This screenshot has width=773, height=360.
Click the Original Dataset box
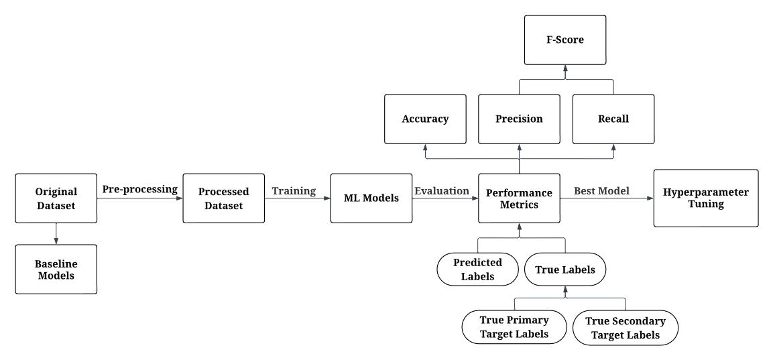pyautogui.click(x=56, y=198)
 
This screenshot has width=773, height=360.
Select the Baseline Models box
pyautogui.click(x=56, y=269)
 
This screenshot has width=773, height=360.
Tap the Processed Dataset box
pyautogui.click(x=223, y=198)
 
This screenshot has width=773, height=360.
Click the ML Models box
pyautogui.click(x=371, y=198)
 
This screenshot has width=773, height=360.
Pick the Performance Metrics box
pyautogui.click(x=519, y=198)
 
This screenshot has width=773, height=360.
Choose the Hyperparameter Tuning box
pyautogui.click(x=706, y=198)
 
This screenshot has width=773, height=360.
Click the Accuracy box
pyautogui.click(x=425, y=119)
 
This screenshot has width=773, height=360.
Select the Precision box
pyautogui.click(x=519, y=119)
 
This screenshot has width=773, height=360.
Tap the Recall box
pyautogui.click(x=613, y=119)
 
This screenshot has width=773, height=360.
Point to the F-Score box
pyautogui.click(x=565, y=40)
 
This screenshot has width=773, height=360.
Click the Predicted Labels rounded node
pyautogui.click(x=478, y=269)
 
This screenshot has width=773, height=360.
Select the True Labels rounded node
pyautogui.click(x=565, y=269)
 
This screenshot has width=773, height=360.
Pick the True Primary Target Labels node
pyautogui.click(x=514, y=327)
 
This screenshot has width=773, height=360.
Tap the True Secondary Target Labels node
pyautogui.click(x=625, y=328)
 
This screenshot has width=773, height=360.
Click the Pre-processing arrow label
pyautogui.click(x=140, y=189)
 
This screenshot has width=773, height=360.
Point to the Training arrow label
pyautogui.click(x=294, y=191)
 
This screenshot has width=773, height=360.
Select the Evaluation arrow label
pyautogui.click(x=442, y=191)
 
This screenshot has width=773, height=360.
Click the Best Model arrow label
pyautogui.click(x=601, y=191)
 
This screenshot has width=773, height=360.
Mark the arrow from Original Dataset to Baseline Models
pyautogui.click(x=56, y=234)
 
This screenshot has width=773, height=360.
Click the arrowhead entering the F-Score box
pyautogui.click(x=565, y=68)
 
